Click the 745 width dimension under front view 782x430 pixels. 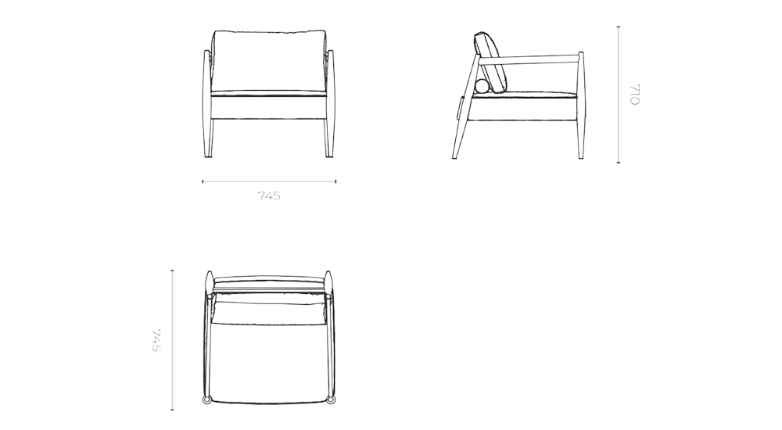pyautogui.click(x=269, y=196)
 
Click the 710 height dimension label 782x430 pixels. pyautogui.click(x=634, y=95)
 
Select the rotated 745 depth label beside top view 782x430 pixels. pyautogui.click(x=156, y=340)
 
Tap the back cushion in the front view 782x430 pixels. pyautogui.click(x=269, y=59)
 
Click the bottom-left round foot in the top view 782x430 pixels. pyautogui.click(x=207, y=400)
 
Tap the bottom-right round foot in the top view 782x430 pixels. pyautogui.click(x=331, y=400)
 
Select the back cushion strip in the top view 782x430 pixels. pyautogui.click(x=269, y=279)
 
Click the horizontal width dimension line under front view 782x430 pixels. pyautogui.click(x=235, y=181)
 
